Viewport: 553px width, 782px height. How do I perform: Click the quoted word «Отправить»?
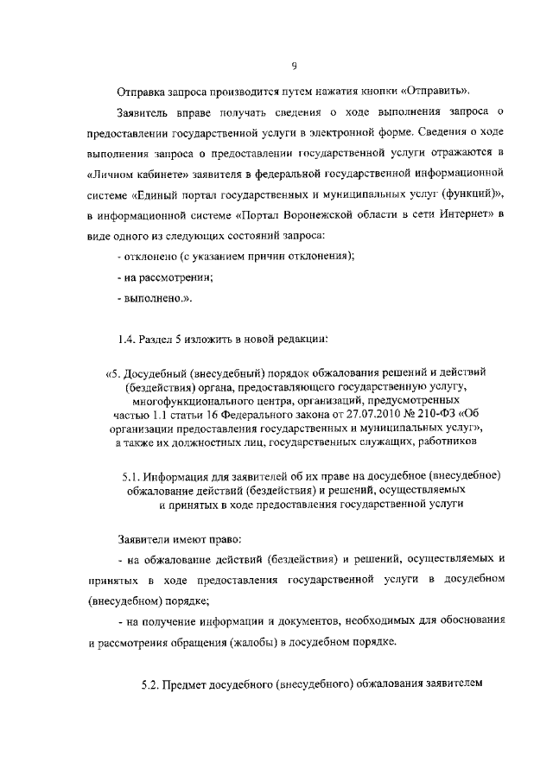click(x=435, y=91)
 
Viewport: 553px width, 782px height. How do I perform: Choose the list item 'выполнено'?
click(x=154, y=298)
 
